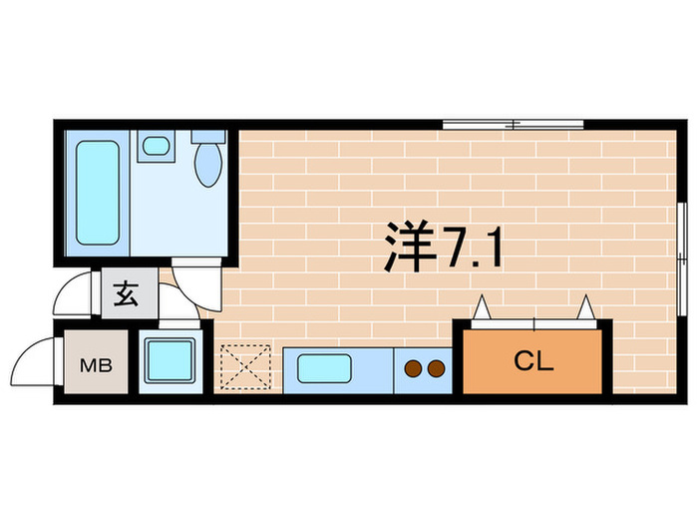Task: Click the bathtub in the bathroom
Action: (x=97, y=193)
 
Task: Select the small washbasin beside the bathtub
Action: (x=155, y=147)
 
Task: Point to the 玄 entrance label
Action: (x=127, y=295)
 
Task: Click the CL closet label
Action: (x=531, y=360)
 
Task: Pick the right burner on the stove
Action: (x=436, y=369)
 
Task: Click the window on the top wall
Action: (x=513, y=125)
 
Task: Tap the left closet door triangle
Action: (x=482, y=306)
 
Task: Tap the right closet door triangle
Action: (x=587, y=306)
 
